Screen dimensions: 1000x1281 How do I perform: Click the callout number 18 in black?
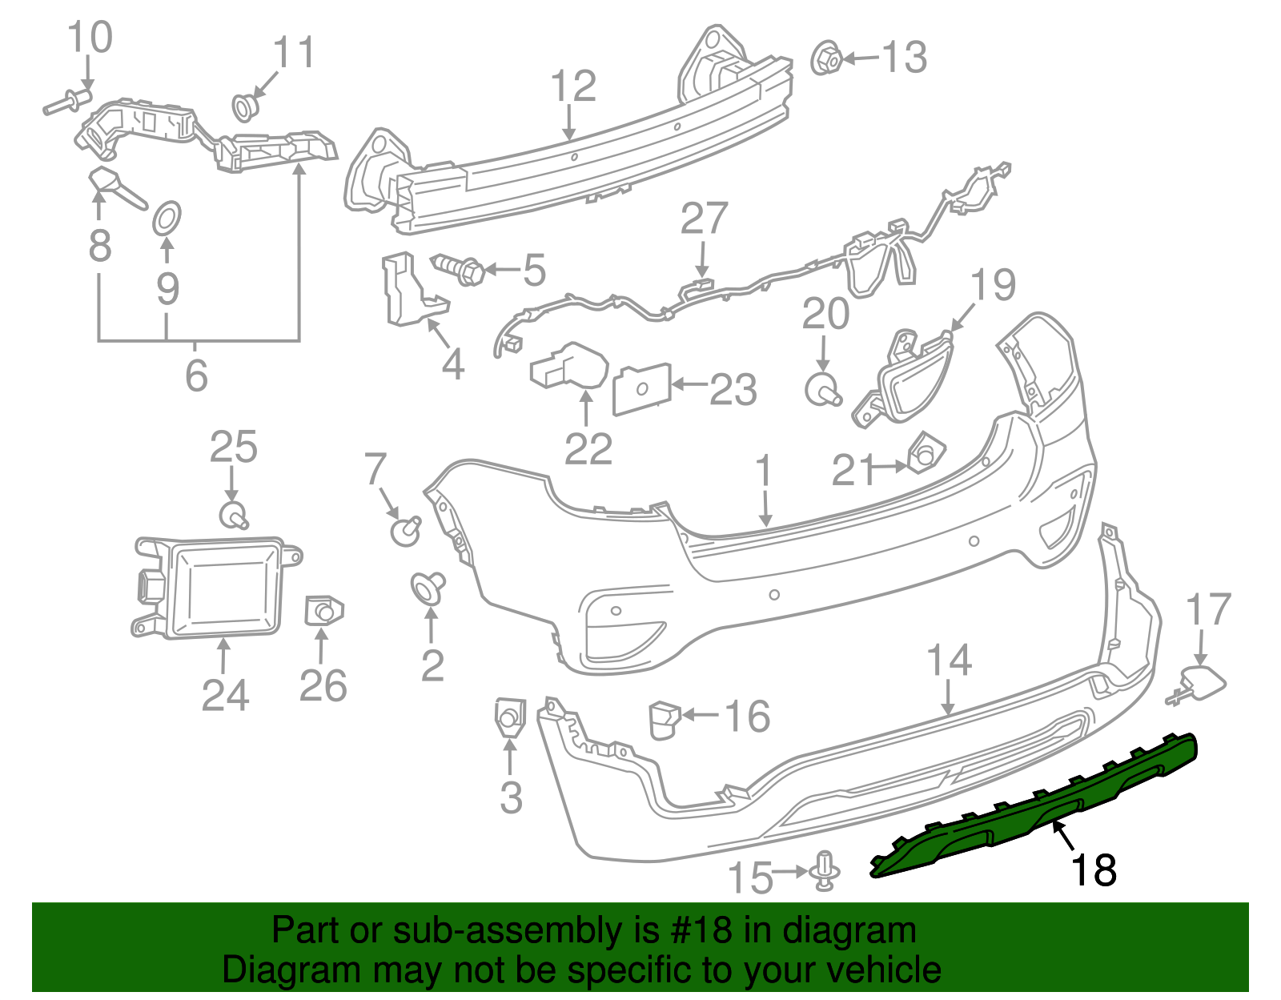click(x=1094, y=870)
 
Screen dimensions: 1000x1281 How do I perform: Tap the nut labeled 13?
click(x=825, y=58)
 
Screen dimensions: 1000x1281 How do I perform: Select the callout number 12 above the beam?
click(x=574, y=86)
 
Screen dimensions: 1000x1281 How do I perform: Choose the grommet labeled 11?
click(x=244, y=106)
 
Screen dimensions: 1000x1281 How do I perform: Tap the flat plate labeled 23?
click(x=641, y=388)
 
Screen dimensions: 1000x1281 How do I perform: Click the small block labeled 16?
click(x=663, y=719)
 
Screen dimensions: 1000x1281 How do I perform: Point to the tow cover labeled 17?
click(x=1203, y=685)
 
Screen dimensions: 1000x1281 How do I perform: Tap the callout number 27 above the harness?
click(x=704, y=219)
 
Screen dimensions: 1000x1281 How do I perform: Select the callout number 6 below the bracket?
click(x=196, y=375)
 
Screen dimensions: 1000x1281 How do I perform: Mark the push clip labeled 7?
click(x=406, y=529)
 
